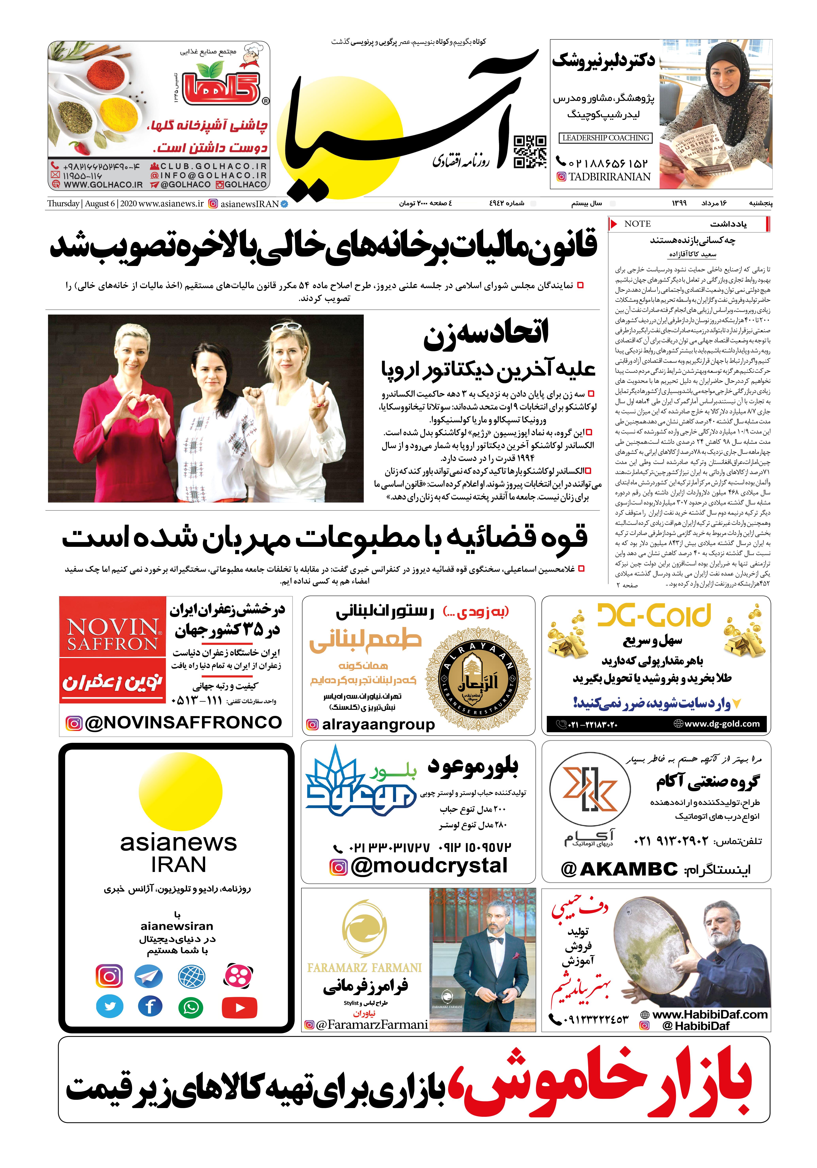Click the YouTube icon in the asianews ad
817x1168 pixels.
pos(240,1007)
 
